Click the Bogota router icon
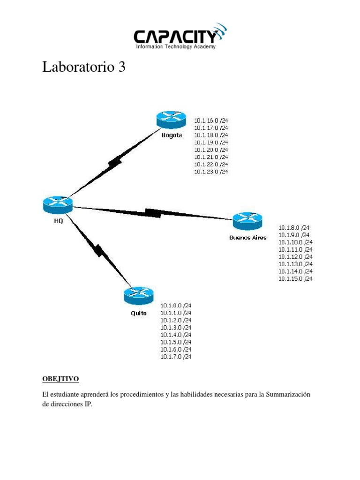[x=171, y=119]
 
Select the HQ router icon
[x=58, y=204]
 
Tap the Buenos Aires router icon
[x=247, y=220]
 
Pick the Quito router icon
[x=139, y=295]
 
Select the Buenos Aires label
[x=247, y=237]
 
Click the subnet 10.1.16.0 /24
[x=211, y=120]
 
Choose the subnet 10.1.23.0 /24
[x=211, y=172]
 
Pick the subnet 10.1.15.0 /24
[x=295, y=279]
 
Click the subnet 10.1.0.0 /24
[x=176, y=305]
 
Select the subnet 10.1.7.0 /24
[x=176, y=357]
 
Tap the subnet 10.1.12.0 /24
[x=295, y=257]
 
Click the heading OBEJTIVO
[x=60, y=378]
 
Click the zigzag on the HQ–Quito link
[x=98, y=250]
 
